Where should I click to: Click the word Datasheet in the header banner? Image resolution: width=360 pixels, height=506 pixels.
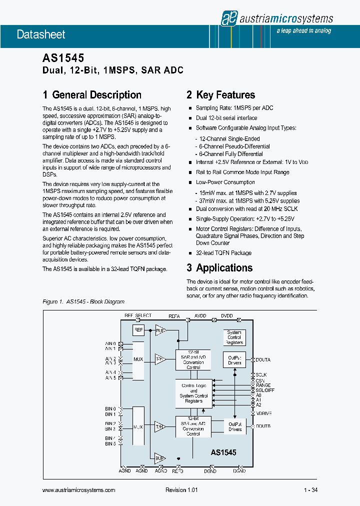(x=41, y=34)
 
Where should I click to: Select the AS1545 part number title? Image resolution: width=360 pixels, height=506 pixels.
(x=63, y=59)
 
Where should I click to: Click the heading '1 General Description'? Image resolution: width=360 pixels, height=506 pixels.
(x=92, y=95)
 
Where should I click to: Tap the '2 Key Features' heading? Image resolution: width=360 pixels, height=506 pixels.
(x=220, y=95)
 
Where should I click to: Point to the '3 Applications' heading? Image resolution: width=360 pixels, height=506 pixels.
(x=219, y=268)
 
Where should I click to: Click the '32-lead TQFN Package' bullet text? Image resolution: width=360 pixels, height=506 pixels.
(x=223, y=253)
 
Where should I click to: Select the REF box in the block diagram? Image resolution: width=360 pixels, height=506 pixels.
(x=138, y=330)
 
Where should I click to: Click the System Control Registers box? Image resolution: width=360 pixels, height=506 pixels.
(x=234, y=337)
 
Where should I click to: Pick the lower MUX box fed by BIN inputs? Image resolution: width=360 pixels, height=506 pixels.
(x=138, y=427)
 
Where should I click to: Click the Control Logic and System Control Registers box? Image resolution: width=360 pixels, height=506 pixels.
(x=193, y=393)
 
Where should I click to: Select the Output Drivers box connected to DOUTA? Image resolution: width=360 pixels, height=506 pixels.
(x=234, y=360)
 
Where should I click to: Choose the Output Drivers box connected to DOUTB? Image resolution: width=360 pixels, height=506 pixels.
(x=234, y=426)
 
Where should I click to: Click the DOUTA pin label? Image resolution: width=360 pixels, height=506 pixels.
(x=263, y=360)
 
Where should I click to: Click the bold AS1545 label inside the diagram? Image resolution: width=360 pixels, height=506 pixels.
(x=223, y=452)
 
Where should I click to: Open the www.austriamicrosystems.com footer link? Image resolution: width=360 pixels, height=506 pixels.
(x=79, y=490)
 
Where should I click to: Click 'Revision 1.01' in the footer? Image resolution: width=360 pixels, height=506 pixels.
(x=181, y=490)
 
